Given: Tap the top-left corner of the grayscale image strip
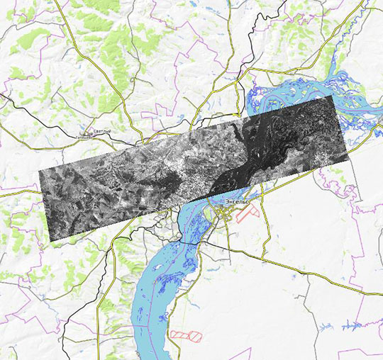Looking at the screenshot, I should [38, 170].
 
